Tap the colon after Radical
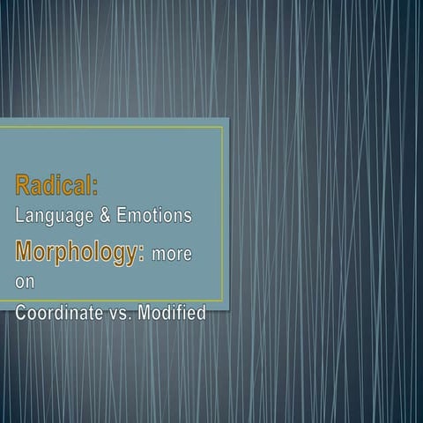click(95, 188)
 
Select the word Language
click(55, 216)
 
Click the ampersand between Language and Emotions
click(105, 215)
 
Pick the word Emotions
click(154, 215)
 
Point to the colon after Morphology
click(142, 254)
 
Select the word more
click(172, 255)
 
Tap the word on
click(25, 282)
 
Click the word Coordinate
click(59, 312)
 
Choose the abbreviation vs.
click(120, 314)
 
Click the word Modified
click(172, 312)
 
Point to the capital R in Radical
click(22, 185)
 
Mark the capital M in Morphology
click(23, 250)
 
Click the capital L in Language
click(19, 215)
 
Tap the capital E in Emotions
click(122, 215)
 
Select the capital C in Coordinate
click(21, 312)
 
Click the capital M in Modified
click(145, 312)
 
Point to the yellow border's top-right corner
click(223, 127)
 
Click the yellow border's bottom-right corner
click(223, 301)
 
